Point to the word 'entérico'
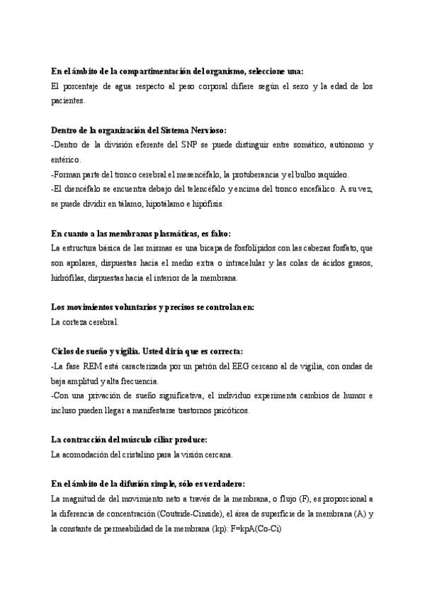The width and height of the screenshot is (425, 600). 67,160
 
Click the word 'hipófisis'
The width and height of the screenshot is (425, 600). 208,204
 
